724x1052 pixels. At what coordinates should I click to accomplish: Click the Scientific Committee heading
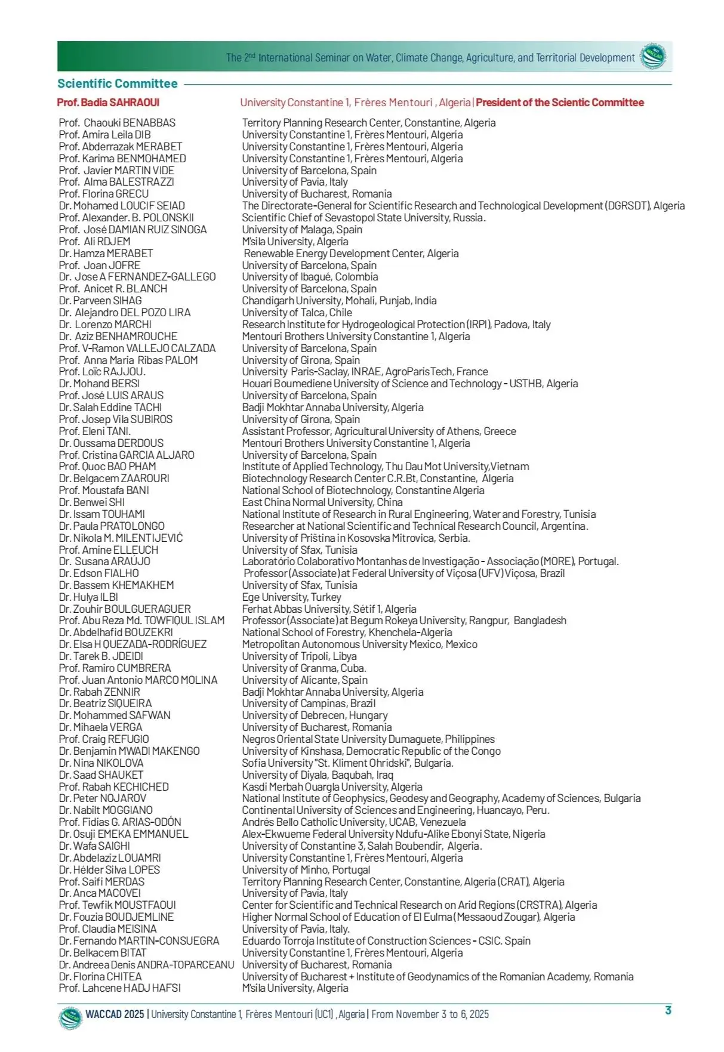click(x=118, y=84)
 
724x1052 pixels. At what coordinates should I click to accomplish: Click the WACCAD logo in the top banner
click(x=653, y=57)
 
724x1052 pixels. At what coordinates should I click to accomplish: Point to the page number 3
click(x=668, y=1010)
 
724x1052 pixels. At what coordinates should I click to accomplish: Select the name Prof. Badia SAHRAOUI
click(x=108, y=103)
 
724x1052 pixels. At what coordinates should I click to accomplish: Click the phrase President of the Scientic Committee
click(x=559, y=103)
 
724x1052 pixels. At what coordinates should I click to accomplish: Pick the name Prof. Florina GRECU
click(x=104, y=194)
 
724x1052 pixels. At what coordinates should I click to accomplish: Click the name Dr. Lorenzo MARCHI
click(x=105, y=325)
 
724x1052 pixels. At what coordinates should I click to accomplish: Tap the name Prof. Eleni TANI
click(x=94, y=431)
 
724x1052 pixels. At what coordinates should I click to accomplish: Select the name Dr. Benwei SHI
click(x=92, y=502)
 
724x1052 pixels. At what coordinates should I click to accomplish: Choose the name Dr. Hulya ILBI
click(x=88, y=597)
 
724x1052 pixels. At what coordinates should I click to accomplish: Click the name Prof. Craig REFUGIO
click(x=104, y=739)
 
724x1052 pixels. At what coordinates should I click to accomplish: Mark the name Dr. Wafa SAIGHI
click(x=94, y=846)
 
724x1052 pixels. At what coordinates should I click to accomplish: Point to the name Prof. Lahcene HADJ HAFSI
click(x=119, y=988)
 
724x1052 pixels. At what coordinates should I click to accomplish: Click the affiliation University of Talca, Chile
click(x=297, y=313)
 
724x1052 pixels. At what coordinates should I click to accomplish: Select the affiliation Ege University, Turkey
click(x=291, y=597)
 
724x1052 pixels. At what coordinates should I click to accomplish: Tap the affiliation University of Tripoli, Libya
click(x=299, y=656)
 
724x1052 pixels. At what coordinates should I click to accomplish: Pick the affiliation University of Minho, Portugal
click(x=306, y=870)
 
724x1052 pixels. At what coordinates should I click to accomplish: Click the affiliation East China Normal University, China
click(x=322, y=502)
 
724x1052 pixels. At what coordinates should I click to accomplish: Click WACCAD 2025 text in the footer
click(x=115, y=1014)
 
